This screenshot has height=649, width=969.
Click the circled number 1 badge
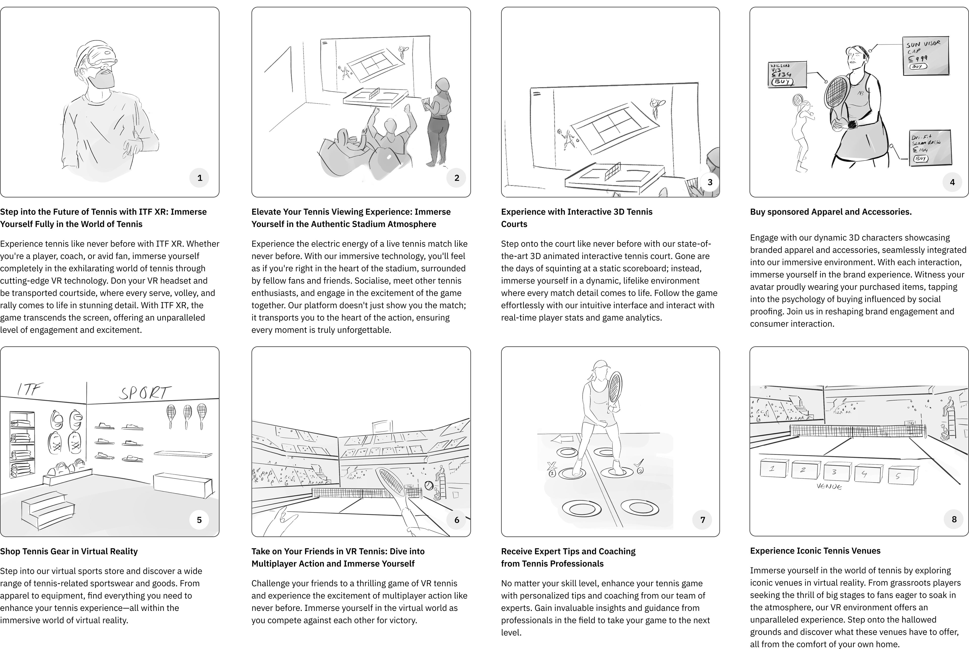coord(199,178)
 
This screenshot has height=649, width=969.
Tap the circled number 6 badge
coord(456,520)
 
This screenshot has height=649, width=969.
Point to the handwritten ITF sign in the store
coord(30,389)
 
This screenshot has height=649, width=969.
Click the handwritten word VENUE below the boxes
coord(829,487)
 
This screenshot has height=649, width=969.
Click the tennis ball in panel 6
coord(429,485)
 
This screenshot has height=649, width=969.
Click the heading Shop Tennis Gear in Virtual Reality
coord(69,551)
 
